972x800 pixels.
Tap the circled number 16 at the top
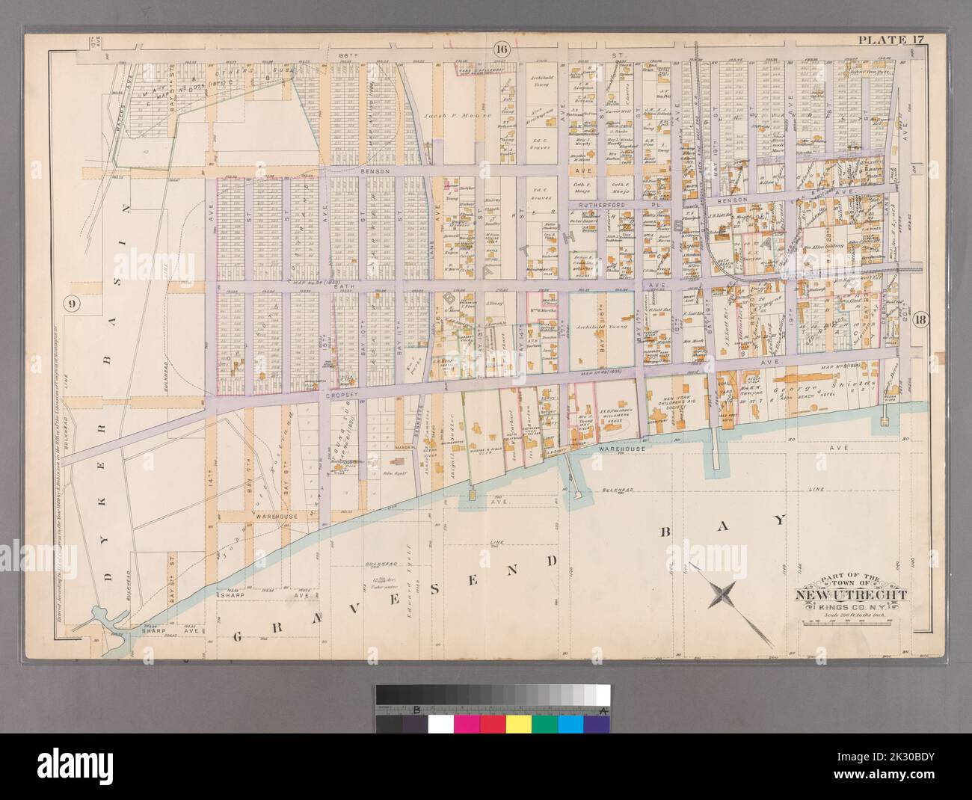[501, 70]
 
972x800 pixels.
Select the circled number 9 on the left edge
[72, 304]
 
